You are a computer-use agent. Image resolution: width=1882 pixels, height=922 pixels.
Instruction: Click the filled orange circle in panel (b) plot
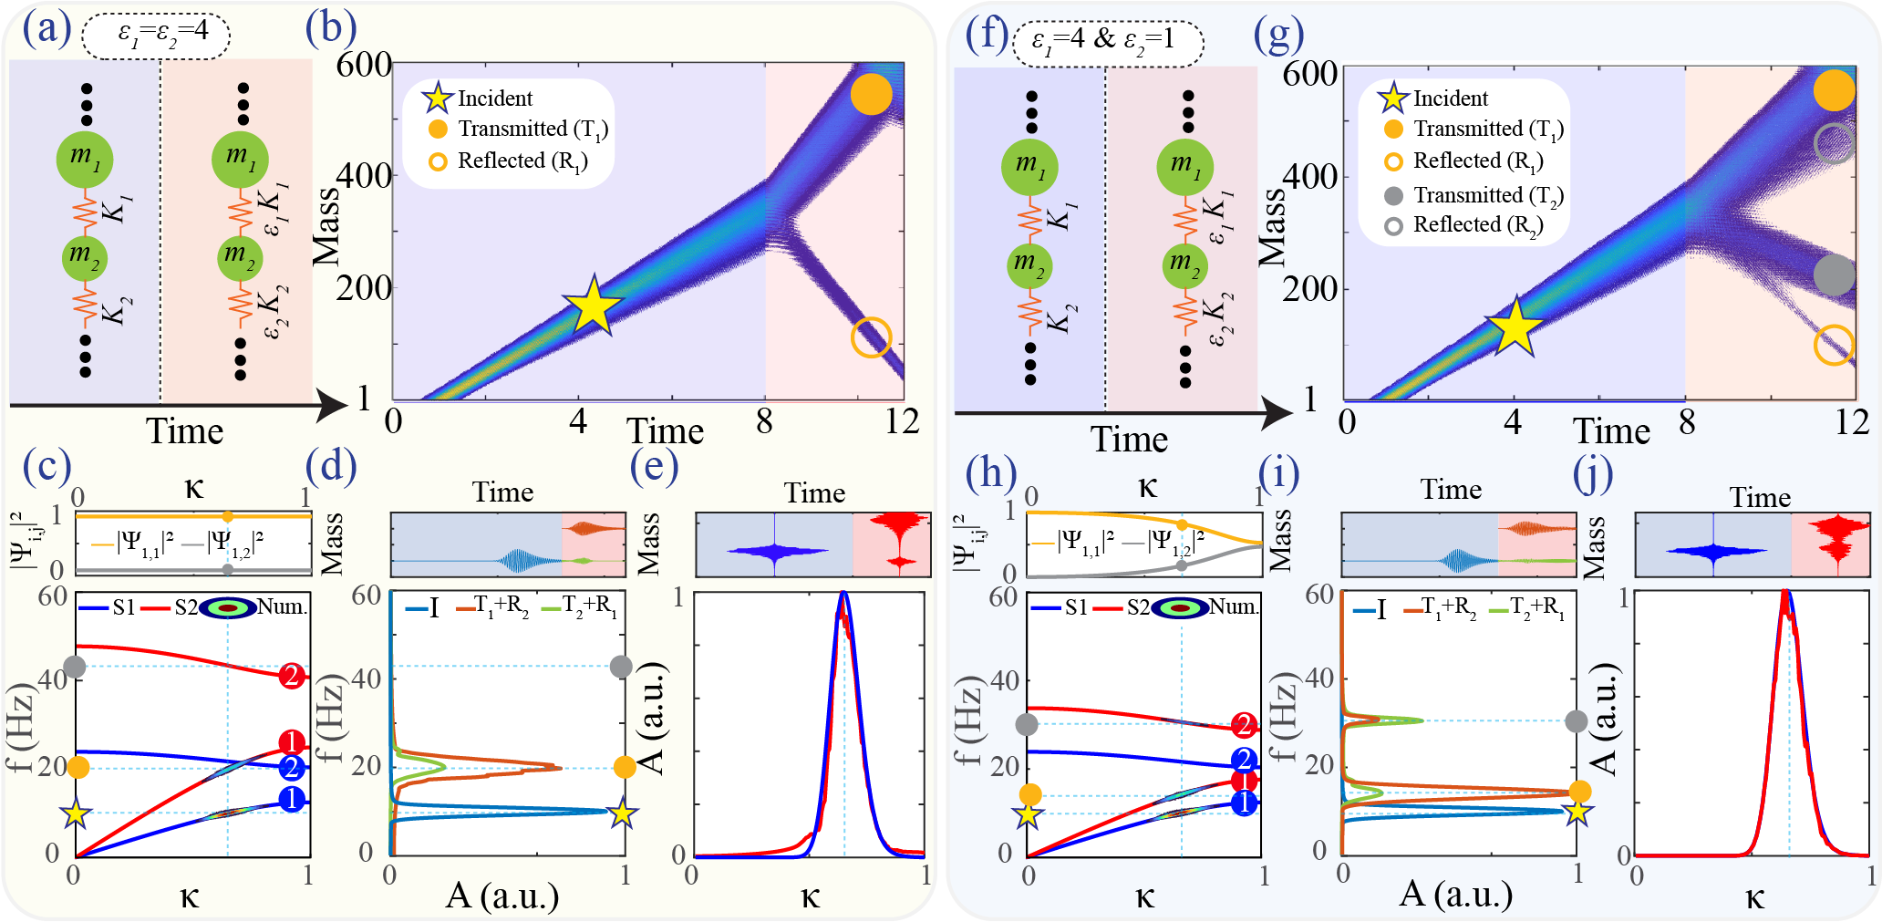click(x=871, y=94)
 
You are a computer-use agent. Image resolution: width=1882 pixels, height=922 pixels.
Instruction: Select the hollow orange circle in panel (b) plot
click(x=871, y=337)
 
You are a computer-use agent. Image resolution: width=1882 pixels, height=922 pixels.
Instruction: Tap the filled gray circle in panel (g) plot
click(x=1834, y=275)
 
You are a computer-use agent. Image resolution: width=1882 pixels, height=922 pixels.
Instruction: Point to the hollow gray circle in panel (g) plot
click(x=1835, y=143)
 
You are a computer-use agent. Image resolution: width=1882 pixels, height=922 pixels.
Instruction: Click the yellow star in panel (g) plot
click(x=1514, y=326)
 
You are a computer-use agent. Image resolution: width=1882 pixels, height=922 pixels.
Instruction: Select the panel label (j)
click(x=1593, y=472)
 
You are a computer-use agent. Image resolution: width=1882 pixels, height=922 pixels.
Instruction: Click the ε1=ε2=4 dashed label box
click(x=156, y=36)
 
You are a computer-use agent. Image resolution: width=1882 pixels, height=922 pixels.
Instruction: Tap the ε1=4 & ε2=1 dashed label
click(x=1107, y=42)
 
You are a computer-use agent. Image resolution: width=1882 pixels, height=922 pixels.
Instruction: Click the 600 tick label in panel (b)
click(x=363, y=66)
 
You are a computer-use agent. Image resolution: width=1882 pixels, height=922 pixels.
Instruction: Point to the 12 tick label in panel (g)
click(x=1851, y=422)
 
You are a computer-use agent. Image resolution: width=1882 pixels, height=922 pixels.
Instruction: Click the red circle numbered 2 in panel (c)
click(x=292, y=676)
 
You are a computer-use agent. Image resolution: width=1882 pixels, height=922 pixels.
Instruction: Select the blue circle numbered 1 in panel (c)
click(x=291, y=800)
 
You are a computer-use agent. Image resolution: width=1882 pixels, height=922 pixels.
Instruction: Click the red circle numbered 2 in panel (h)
click(x=1243, y=726)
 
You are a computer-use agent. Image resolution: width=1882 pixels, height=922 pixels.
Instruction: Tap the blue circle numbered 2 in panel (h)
click(x=1244, y=760)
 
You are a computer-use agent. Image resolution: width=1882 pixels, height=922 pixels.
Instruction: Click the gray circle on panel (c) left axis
click(x=75, y=667)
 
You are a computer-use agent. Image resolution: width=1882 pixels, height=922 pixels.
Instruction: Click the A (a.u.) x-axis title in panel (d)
click(x=502, y=896)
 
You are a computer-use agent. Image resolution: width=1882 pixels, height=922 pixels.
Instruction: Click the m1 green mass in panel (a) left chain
click(x=85, y=160)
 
